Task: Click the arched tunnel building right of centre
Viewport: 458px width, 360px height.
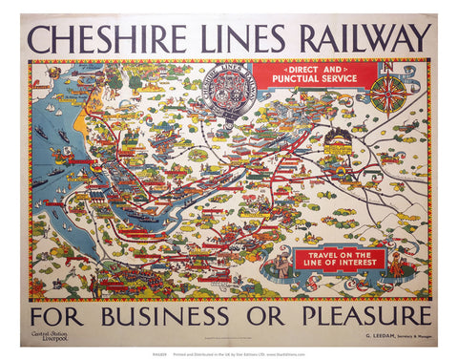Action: point(337,140)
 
